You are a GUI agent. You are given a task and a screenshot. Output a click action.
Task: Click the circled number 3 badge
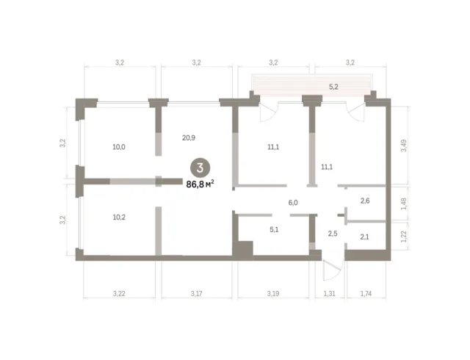tap(200, 168)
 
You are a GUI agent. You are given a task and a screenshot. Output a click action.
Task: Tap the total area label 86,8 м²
tap(200, 184)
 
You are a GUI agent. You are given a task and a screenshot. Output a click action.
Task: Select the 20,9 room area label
tap(189, 137)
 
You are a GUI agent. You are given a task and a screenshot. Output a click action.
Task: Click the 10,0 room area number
tap(119, 147)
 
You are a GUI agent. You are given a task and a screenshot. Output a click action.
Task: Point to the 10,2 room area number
tap(119, 217)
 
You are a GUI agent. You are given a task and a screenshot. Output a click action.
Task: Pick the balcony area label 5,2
tap(333, 87)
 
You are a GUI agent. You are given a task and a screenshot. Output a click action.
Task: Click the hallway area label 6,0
tap(293, 203)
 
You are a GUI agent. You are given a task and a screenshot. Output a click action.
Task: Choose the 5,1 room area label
tap(274, 230)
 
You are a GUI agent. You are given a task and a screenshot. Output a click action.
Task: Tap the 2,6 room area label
tap(365, 201)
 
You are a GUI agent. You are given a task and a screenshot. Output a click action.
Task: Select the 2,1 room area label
tap(364, 237)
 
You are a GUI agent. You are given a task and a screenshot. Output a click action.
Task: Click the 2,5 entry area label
tap(333, 234)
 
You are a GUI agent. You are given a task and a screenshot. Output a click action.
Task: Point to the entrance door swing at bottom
tap(333, 270)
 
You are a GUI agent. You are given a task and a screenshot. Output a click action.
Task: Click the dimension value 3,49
tap(404, 145)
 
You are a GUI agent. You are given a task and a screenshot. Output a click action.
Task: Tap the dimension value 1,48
tap(404, 204)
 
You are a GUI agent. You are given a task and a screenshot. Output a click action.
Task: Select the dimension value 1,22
tap(404, 237)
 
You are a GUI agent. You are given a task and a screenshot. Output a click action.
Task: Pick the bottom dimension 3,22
tap(119, 294)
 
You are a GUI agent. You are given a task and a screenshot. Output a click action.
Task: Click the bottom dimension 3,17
tap(196, 294)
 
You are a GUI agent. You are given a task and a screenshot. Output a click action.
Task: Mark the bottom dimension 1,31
tap(329, 294)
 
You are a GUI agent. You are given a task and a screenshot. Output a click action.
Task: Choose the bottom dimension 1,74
tap(366, 294)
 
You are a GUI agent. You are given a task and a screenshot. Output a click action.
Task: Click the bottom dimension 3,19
tap(273, 294)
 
